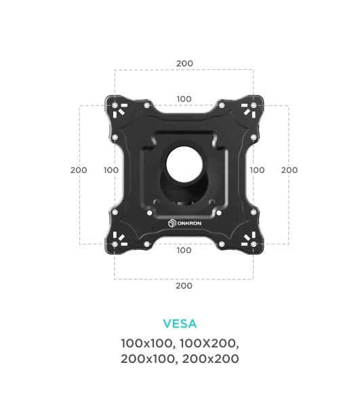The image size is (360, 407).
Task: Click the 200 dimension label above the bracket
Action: click(x=184, y=63)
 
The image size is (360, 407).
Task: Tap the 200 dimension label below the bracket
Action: click(x=184, y=286)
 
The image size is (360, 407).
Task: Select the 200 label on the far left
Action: click(x=79, y=170)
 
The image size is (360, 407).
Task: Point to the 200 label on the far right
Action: click(x=289, y=170)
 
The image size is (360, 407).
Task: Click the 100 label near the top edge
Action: click(x=184, y=99)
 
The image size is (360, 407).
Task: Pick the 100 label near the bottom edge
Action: click(x=184, y=250)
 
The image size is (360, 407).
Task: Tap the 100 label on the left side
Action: click(x=111, y=170)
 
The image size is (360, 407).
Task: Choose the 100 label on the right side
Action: click(x=257, y=170)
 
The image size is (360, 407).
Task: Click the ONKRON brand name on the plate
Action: click(x=189, y=223)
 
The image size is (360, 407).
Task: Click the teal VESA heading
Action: click(x=180, y=324)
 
